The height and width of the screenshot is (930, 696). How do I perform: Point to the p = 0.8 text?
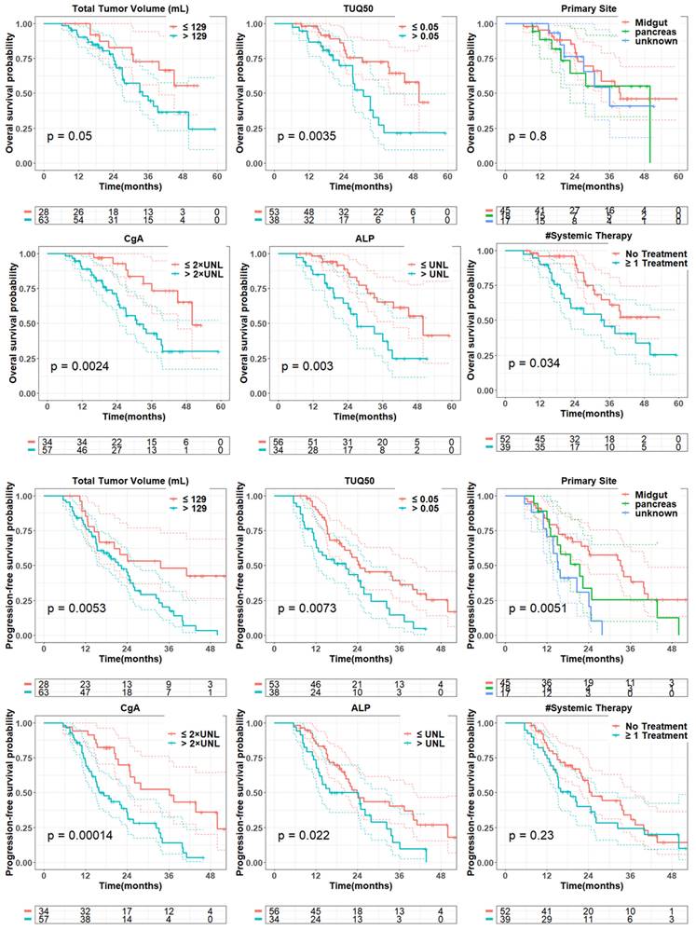(x=531, y=136)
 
